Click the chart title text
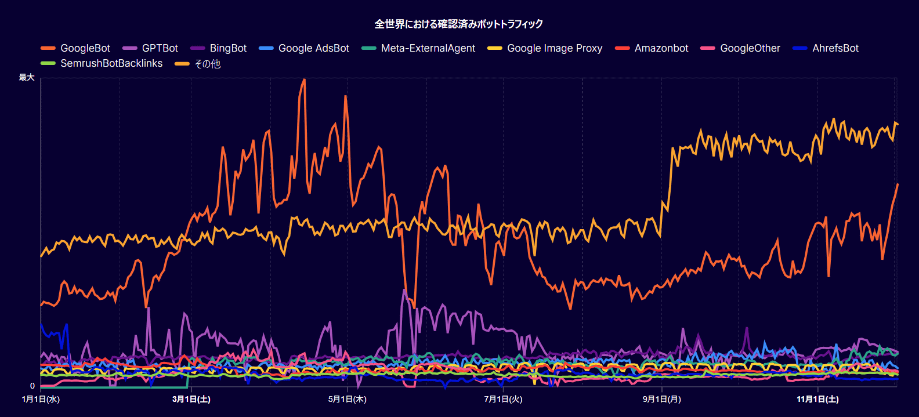[x=459, y=24]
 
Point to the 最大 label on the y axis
[x=27, y=77]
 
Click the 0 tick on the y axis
[x=32, y=386]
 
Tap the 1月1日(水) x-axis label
[x=41, y=399]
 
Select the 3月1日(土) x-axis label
[x=191, y=399]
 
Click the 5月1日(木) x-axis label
[x=347, y=399]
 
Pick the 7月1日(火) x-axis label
[x=503, y=399]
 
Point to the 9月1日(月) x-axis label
[x=661, y=399]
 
